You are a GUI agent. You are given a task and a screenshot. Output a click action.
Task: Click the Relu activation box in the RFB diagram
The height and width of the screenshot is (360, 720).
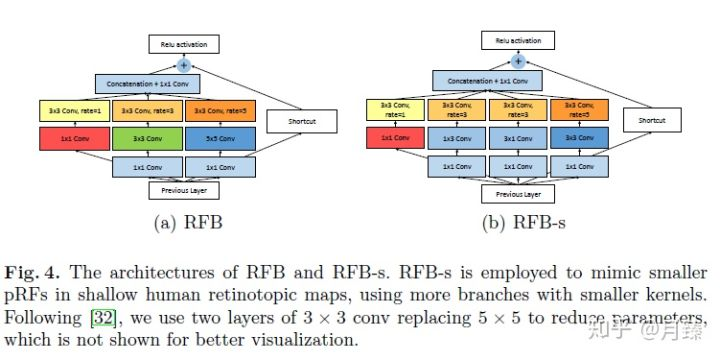point(182,45)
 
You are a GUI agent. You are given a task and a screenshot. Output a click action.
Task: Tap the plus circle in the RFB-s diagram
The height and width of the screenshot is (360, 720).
point(517,60)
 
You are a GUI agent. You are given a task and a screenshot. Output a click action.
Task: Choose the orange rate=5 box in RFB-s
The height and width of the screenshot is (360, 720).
point(577,110)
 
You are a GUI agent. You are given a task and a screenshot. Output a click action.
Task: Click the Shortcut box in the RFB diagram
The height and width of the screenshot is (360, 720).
point(295,123)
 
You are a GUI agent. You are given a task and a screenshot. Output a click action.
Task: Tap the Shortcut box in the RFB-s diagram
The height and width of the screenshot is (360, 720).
point(650,120)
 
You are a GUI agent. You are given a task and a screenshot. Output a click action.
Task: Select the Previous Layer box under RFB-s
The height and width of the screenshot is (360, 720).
point(517,193)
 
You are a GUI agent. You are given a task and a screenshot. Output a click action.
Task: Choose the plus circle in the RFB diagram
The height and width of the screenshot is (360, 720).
point(182,65)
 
